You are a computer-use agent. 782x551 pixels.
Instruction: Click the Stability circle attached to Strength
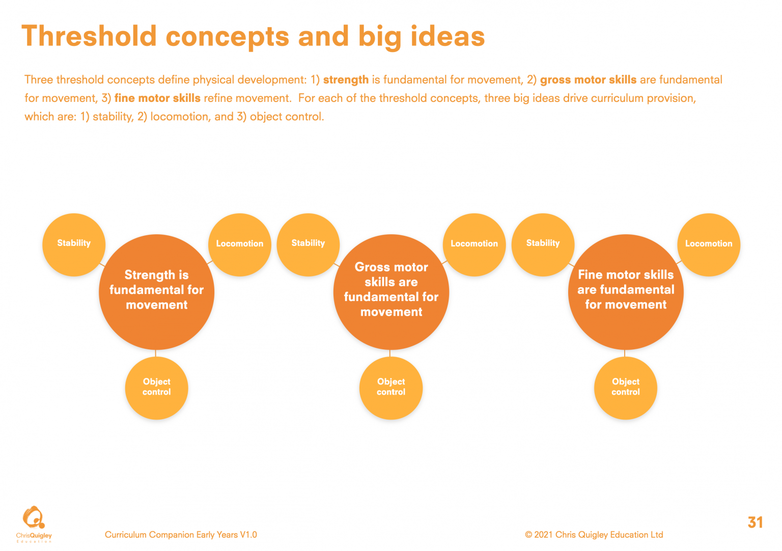click(74, 245)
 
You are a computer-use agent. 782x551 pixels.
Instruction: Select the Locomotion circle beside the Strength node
click(239, 245)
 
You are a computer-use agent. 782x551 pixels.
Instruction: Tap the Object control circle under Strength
click(156, 388)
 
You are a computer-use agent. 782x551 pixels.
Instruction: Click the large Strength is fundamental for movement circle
click(156, 292)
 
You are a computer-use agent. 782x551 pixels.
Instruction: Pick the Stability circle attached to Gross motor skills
click(308, 245)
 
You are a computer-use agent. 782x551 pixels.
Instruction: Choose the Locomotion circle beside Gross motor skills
click(474, 245)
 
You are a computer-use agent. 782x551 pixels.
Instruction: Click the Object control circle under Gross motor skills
click(391, 388)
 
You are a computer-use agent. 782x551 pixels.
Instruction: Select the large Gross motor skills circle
click(391, 292)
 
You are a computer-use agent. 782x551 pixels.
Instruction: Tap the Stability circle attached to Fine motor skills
click(543, 245)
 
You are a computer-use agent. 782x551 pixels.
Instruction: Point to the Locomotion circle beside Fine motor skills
click(709, 245)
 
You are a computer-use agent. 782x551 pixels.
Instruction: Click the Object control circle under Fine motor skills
click(626, 388)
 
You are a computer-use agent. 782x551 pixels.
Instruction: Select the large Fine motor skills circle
click(626, 292)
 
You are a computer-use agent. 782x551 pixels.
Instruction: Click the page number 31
click(755, 522)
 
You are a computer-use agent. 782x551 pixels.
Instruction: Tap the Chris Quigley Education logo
click(34, 524)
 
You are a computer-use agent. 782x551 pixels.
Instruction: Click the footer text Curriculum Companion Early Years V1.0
click(181, 535)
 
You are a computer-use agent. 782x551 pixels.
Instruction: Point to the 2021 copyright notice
click(594, 535)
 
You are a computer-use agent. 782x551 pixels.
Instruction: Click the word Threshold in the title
click(89, 36)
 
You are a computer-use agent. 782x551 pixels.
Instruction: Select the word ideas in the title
click(448, 36)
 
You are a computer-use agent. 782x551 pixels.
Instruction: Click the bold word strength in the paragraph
click(346, 80)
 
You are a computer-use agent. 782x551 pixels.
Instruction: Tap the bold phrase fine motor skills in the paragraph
click(157, 98)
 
